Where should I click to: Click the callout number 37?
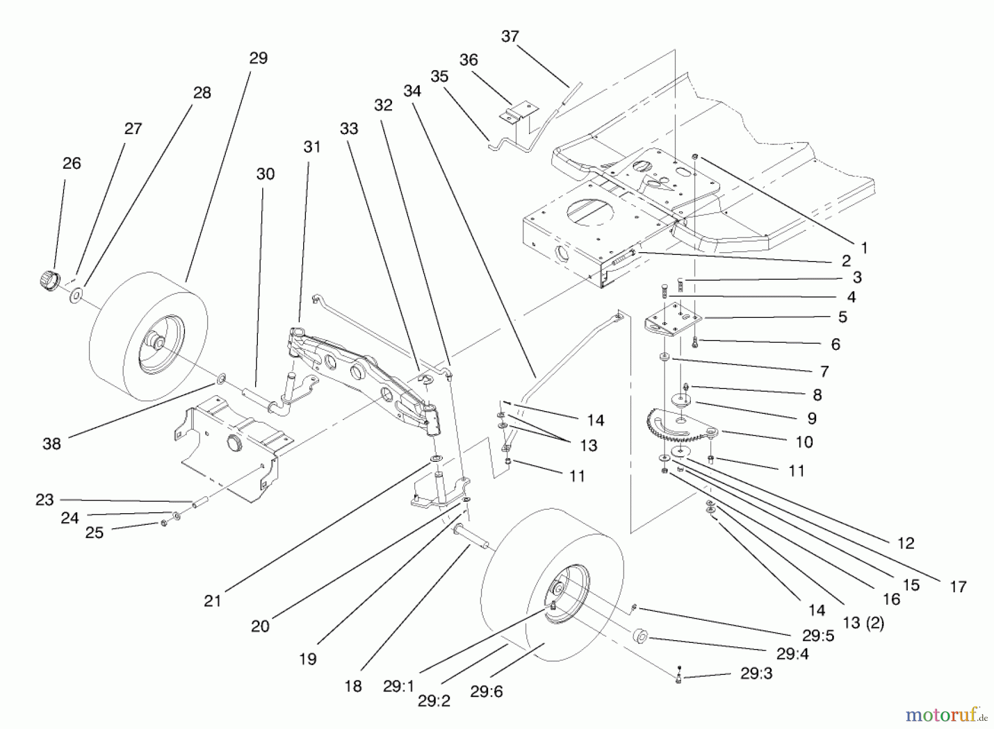(510, 36)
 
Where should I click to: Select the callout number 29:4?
(792, 653)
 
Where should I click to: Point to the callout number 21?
(213, 601)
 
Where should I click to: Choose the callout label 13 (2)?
(863, 623)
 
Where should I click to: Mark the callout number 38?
(51, 444)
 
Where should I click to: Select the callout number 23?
(44, 500)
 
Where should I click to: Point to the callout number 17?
(958, 587)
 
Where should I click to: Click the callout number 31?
(312, 147)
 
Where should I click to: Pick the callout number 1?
(864, 248)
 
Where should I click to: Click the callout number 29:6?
(486, 691)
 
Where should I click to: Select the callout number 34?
(412, 91)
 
